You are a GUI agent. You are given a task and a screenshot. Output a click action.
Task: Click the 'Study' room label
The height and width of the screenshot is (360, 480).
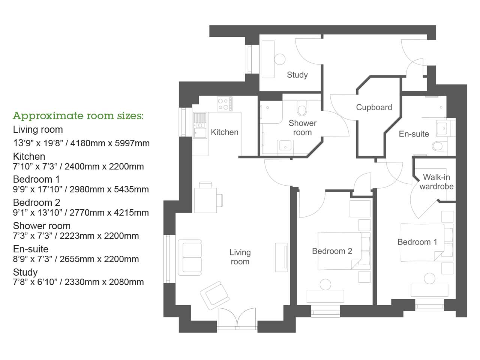pyautogui.click(x=297, y=75)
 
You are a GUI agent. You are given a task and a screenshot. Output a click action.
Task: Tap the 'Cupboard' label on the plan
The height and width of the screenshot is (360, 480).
pyautogui.click(x=374, y=107)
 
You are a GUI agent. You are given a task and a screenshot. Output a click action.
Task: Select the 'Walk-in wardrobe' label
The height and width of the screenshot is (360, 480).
pyautogui.click(x=436, y=182)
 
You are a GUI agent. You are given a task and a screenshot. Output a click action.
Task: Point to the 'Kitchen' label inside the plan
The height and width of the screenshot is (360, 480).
pyautogui.click(x=224, y=132)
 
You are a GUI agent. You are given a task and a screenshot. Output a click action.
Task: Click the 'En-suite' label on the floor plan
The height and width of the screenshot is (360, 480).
pyautogui.click(x=414, y=134)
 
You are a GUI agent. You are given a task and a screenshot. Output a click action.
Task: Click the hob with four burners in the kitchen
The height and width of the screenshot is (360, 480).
pyautogui.click(x=224, y=104)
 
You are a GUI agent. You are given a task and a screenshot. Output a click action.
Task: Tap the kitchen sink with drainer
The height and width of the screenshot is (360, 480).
pyautogui.click(x=200, y=126)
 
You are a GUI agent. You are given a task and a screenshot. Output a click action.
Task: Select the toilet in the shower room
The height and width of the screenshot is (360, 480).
pyautogui.click(x=302, y=109)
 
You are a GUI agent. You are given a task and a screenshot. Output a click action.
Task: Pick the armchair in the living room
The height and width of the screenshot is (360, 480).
pyautogui.click(x=214, y=295)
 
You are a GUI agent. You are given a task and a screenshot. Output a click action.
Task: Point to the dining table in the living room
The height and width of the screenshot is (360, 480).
pyautogui.click(x=205, y=199)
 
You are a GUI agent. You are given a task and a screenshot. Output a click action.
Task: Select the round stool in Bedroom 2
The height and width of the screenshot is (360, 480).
pyautogui.click(x=325, y=285)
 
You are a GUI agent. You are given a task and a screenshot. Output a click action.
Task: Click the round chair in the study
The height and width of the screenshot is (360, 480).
pyautogui.click(x=280, y=59)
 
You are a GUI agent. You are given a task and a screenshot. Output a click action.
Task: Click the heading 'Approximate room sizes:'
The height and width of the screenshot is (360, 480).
pyautogui.click(x=78, y=115)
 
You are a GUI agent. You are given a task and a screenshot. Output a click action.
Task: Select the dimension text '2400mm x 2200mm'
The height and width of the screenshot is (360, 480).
pyautogui.click(x=104, y=166)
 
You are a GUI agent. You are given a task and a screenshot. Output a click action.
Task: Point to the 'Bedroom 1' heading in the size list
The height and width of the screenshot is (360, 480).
pyautogui.click(x=36, y=179)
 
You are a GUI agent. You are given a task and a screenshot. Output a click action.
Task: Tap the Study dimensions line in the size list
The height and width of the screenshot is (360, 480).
pyautogui.click(x=78, y=282)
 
